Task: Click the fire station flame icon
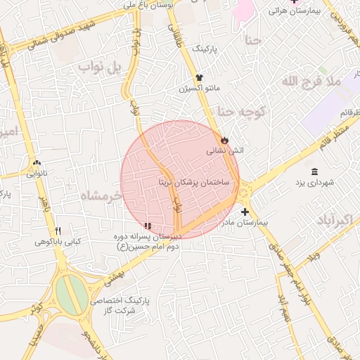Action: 225,140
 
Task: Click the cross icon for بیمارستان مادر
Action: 245,212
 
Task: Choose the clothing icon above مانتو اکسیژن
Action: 199,78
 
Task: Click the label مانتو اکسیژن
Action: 199,89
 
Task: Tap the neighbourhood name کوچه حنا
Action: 241,111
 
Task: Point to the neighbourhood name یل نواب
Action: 101,68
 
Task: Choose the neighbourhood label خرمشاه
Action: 101,194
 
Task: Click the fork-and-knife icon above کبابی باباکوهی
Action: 58,231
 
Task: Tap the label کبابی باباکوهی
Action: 58,242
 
